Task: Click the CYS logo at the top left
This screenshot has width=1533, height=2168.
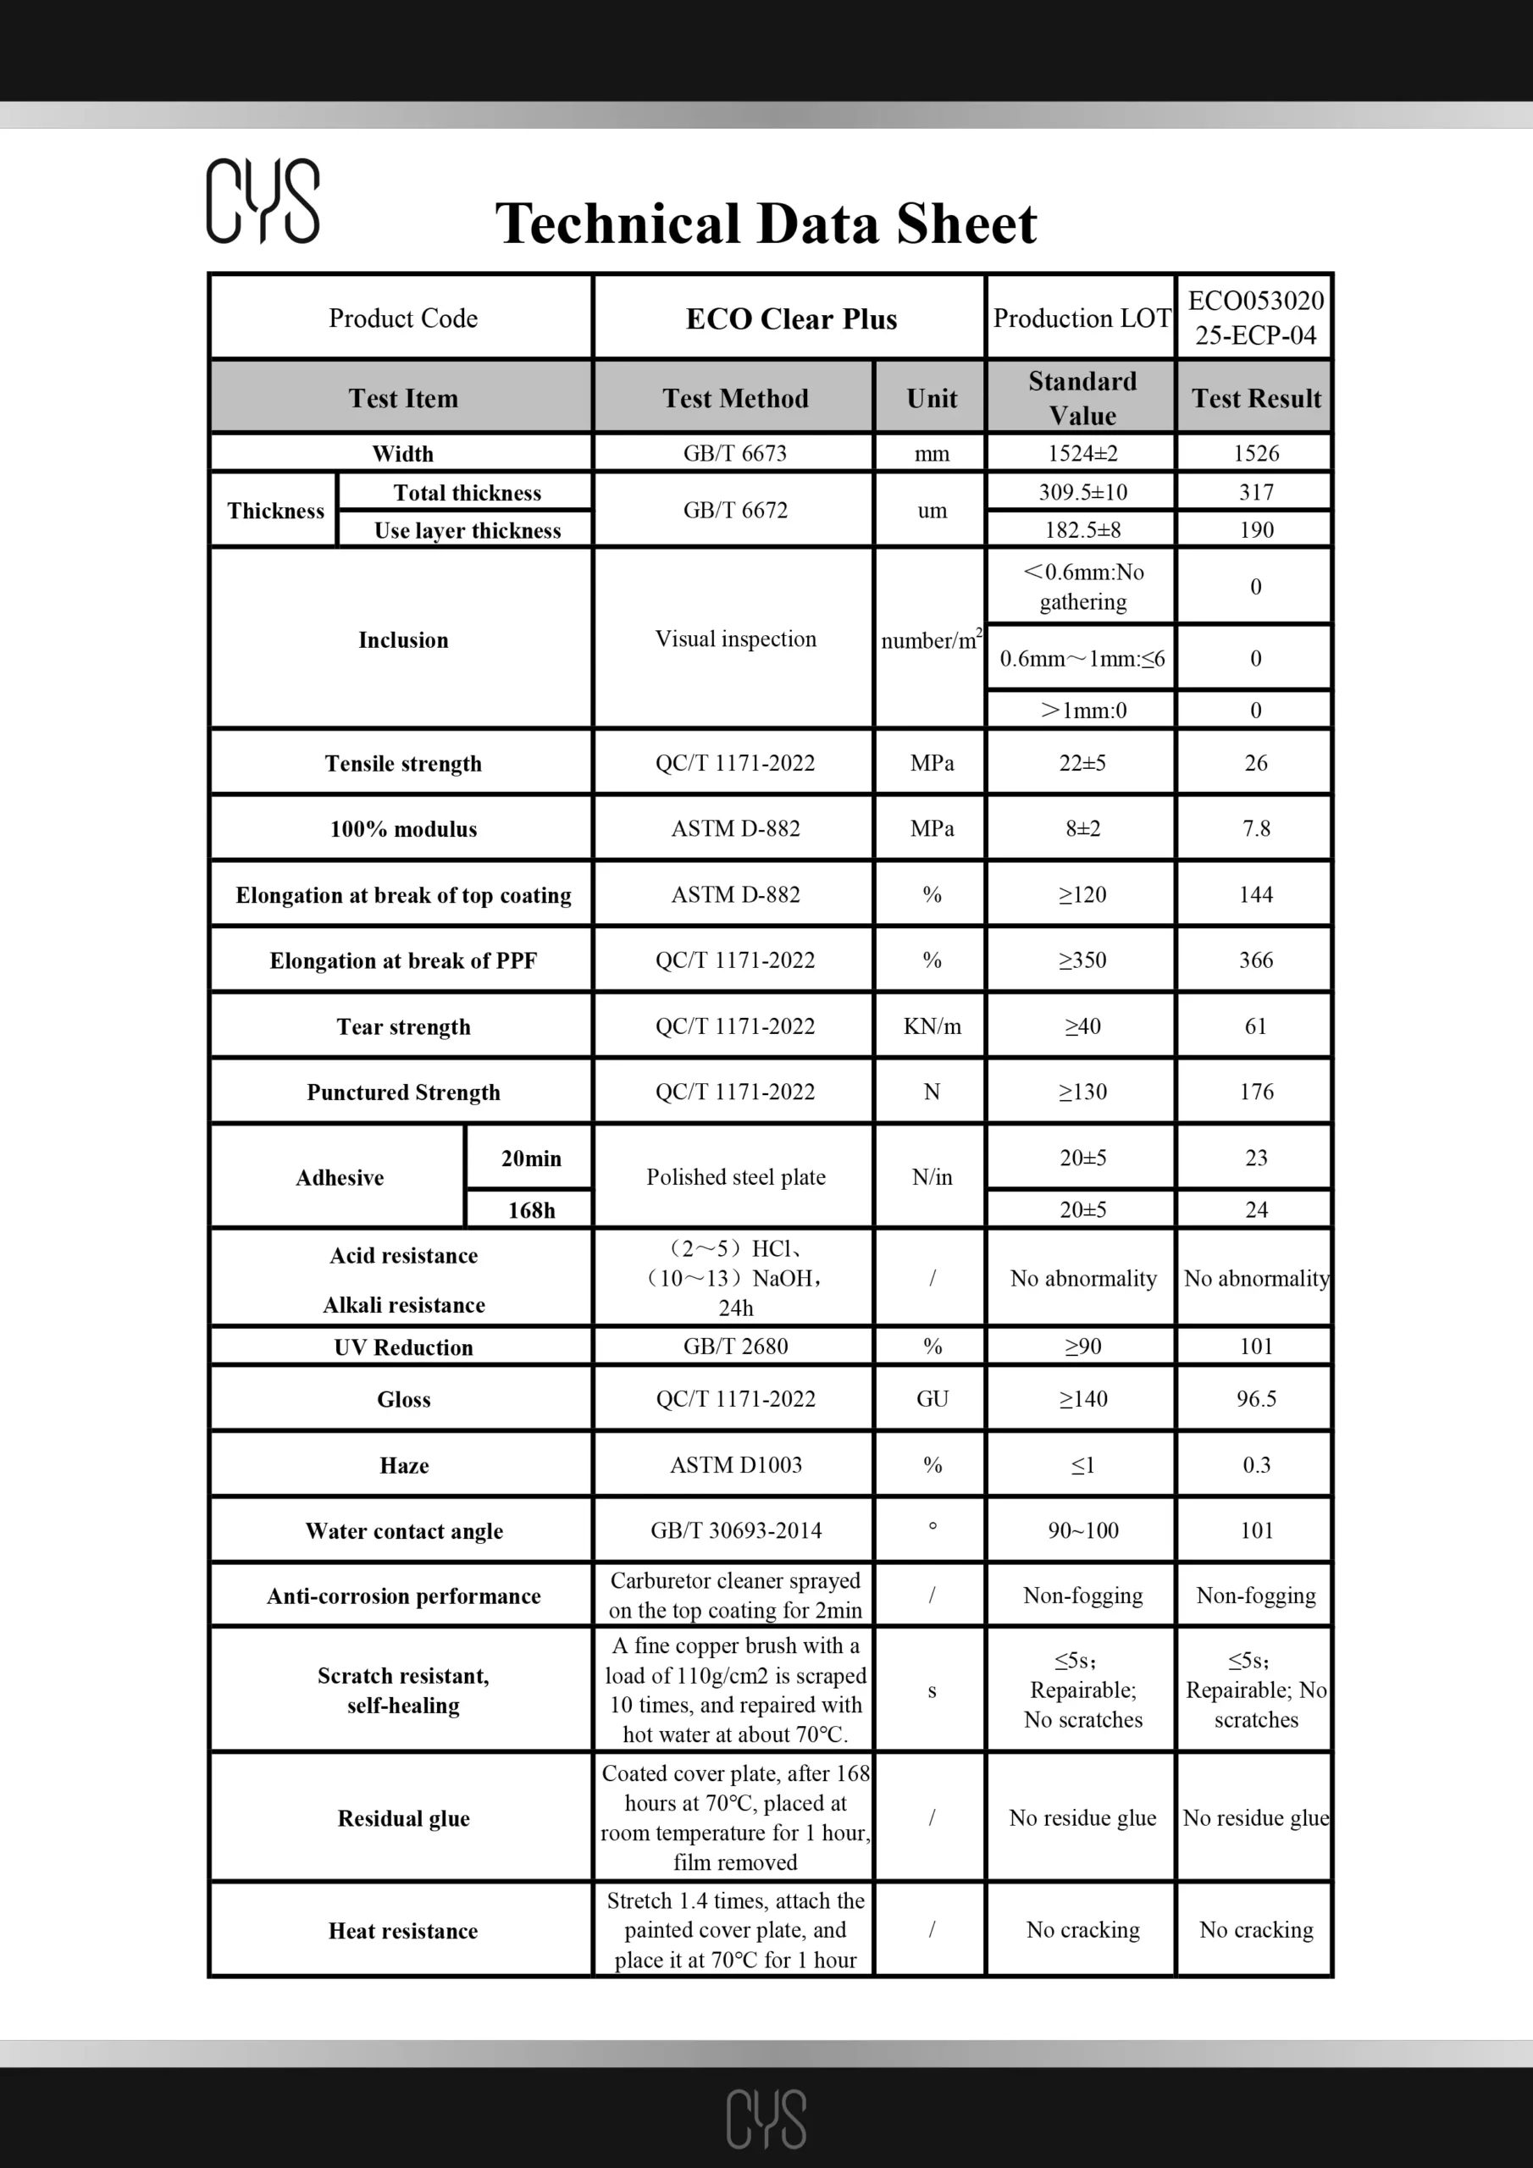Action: click(x=263, y=200)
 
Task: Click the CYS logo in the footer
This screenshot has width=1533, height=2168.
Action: click(x=766, y=2118)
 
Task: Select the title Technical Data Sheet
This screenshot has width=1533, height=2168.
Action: click(x=766, y=224)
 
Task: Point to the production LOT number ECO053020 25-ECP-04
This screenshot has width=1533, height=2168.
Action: click(x=1255, y=318)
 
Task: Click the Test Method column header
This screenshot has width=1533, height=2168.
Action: click(x=735, y=399)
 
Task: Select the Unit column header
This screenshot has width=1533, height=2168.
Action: click(x=932, y=399)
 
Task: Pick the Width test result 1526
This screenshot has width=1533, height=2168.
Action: click(x=1255, y=453)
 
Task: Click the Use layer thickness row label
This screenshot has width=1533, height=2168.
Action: click(x=467, y=531)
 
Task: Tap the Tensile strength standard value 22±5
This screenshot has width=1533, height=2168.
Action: click(x=1082, y=763)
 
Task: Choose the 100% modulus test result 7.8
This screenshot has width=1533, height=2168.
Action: click(x=1255, y=828)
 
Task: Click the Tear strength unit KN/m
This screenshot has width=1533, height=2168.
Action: click(x=932, y=1026)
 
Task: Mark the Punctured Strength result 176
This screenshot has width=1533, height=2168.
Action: click(x=1255, y=1092)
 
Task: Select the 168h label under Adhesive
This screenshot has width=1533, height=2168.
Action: click(x=531, y=1209)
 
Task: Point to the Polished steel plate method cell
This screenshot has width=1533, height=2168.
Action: click(x=735, y=1176)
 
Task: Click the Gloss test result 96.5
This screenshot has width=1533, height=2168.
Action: click(x=1255, y=1398)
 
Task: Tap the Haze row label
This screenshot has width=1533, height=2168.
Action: click(x=403, y=1465)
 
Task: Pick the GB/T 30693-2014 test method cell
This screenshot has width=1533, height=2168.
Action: click(x=735, y=1530)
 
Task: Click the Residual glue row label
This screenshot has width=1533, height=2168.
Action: click(x=403, y=1818)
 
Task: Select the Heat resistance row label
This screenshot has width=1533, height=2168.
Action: click(x=403, y=1931)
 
